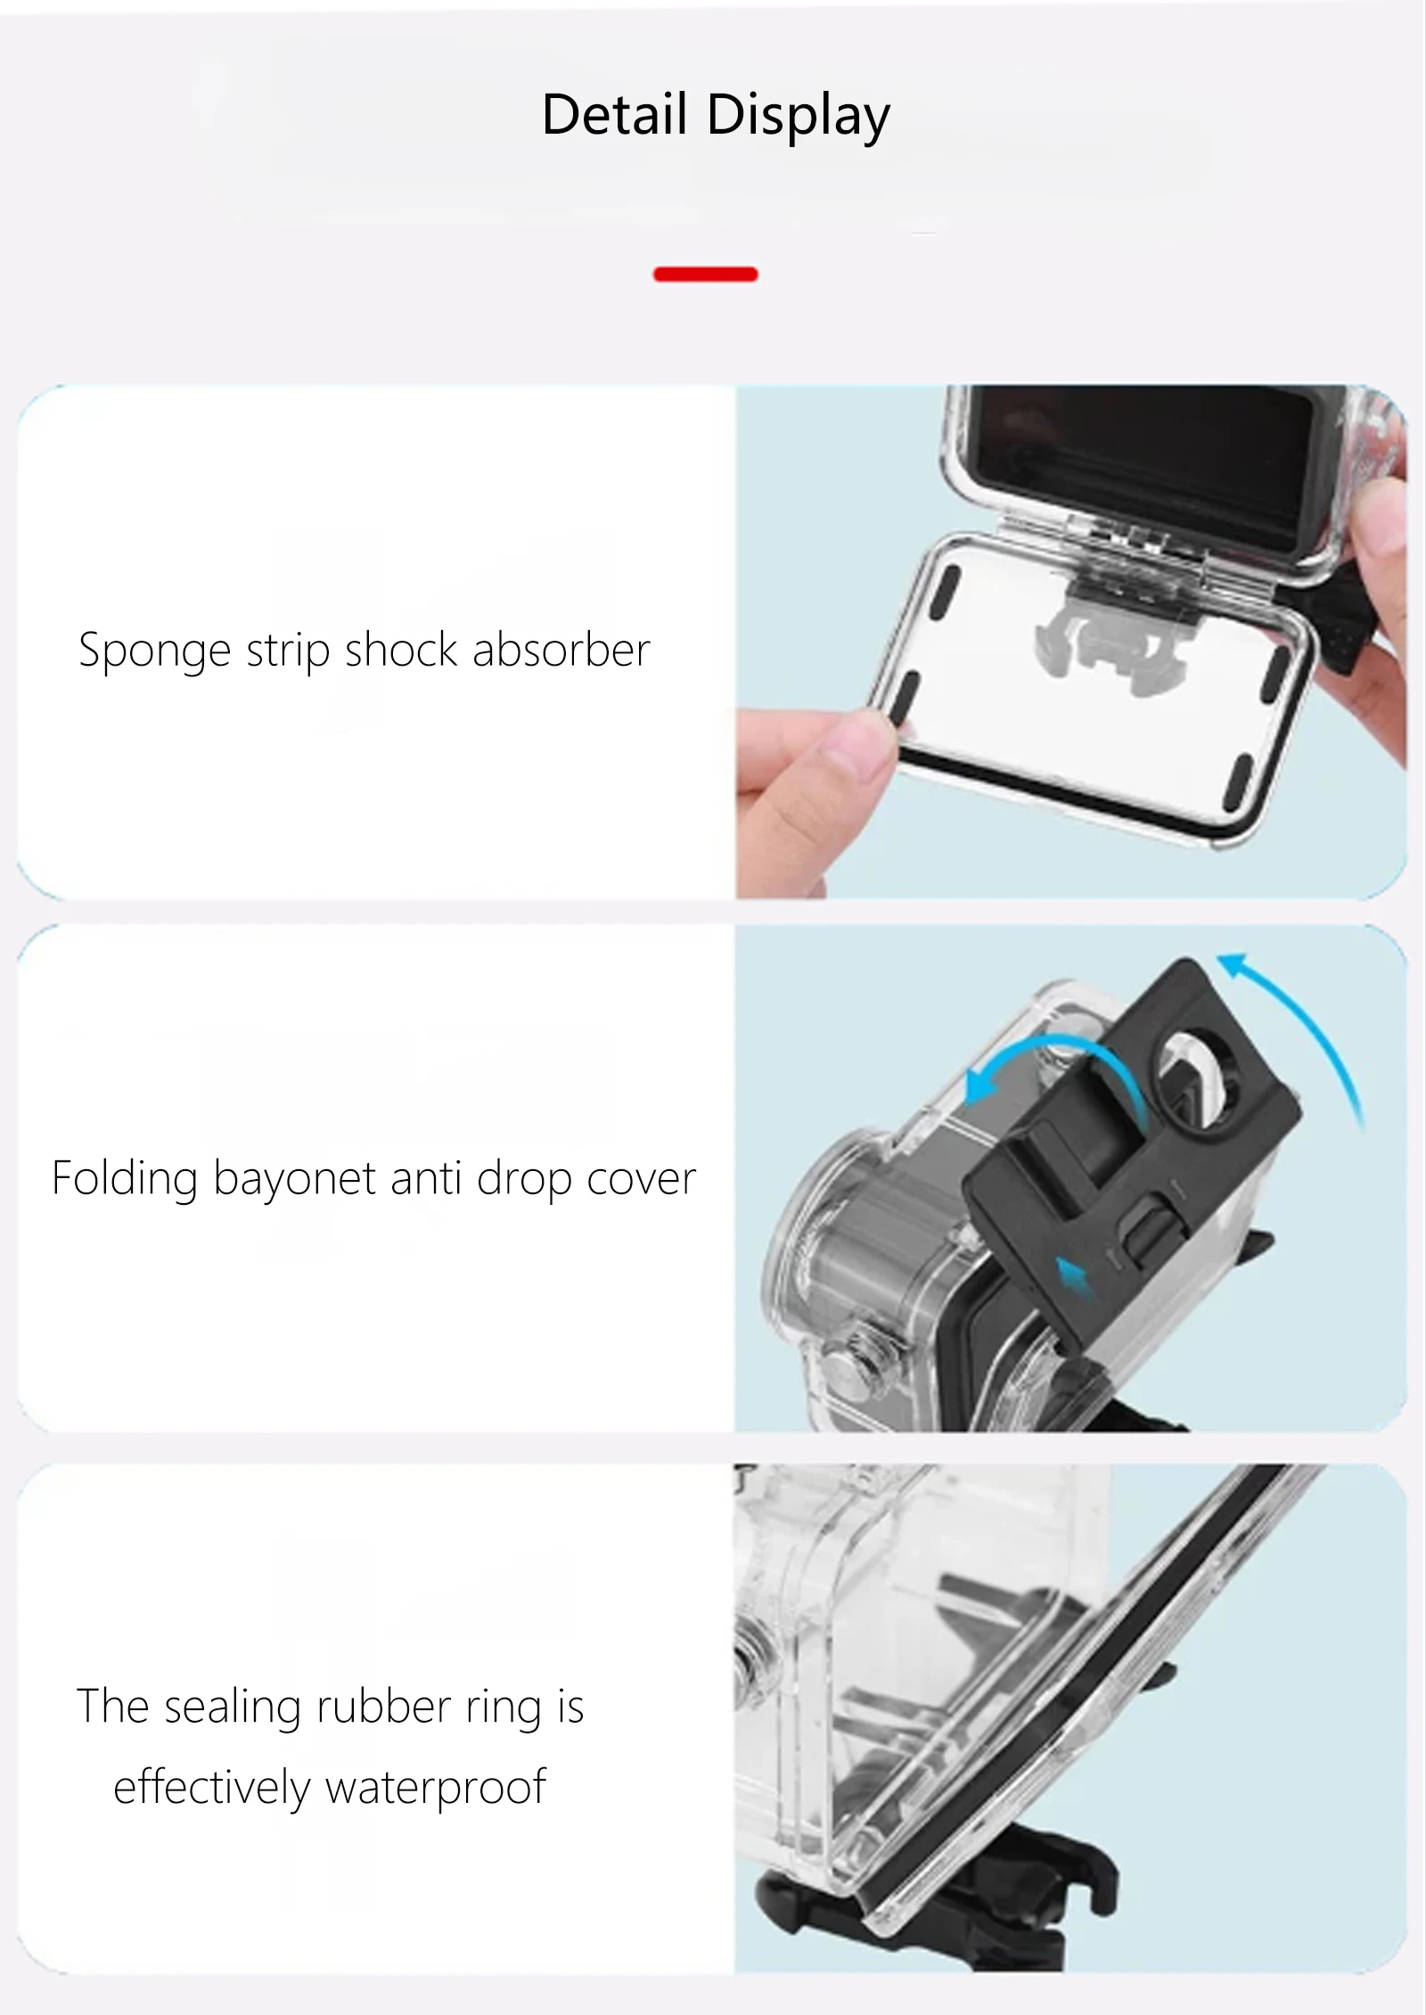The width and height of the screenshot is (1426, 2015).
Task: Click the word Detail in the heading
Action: (615, 115)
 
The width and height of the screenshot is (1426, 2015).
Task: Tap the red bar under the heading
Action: (706, 274)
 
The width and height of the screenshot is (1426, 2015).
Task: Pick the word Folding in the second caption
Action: (125, 1179)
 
